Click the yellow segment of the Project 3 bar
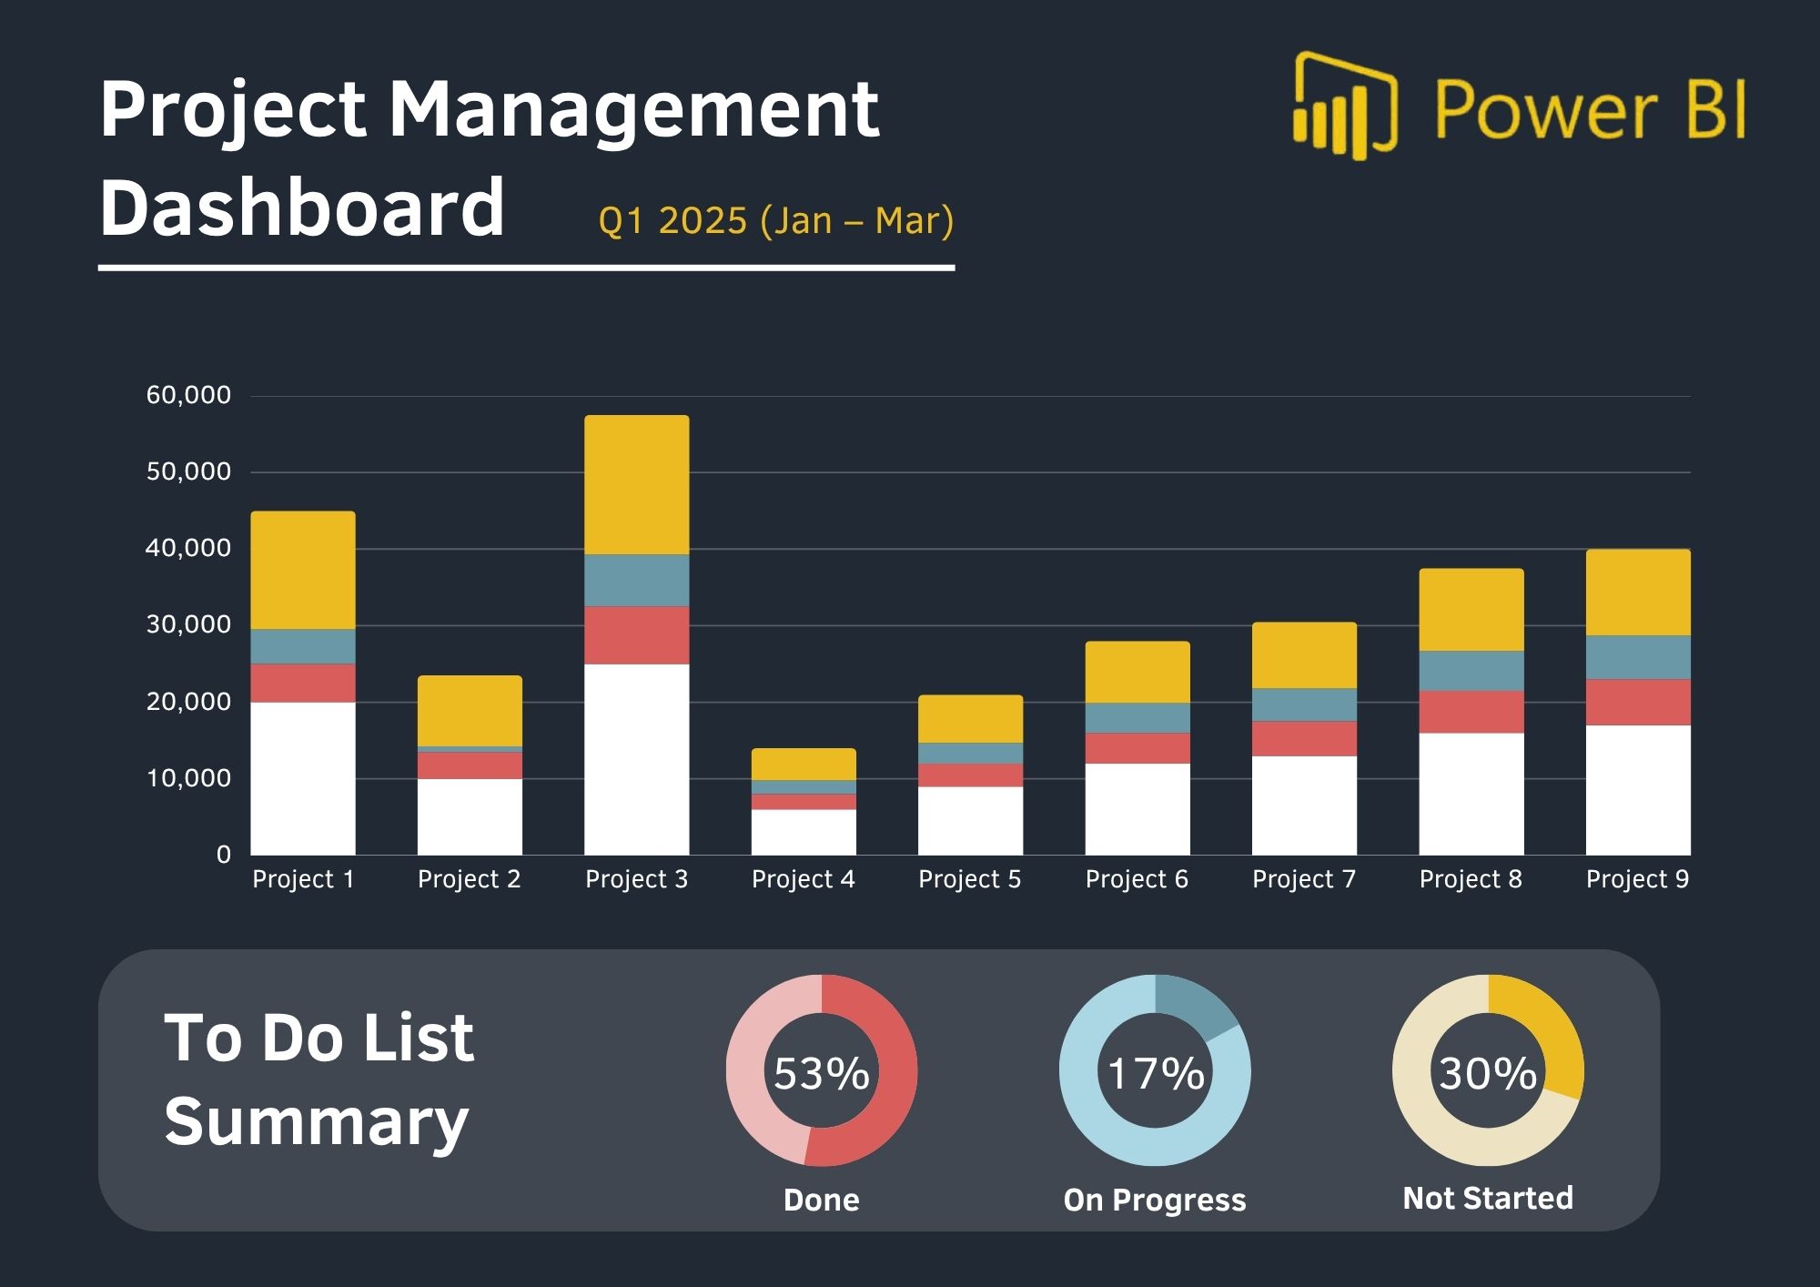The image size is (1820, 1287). [x=636, y=484]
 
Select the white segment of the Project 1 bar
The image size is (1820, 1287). [x=303, y=777]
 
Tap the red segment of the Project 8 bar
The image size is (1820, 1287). [x=1471, y=712]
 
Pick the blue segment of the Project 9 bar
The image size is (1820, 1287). [x=1638, y=657]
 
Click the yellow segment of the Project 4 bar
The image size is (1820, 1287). [x=804, y=765]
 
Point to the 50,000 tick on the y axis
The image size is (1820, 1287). [x=189, y=471]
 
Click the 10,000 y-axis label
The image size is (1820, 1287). [x=189, y=778]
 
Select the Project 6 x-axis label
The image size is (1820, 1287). [x=1137, y=879]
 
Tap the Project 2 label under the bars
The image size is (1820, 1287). [x=469, y=879]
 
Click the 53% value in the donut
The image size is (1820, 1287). [x=821, y=1073]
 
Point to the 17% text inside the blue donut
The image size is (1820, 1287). [x=1155, y=1073]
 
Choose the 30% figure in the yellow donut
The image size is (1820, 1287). [x=1488, y=1073]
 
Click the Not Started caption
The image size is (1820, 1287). [x=1488, y=1198]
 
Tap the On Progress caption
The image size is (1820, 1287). [x=1155, y=1200]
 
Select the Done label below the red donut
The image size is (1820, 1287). [x=821, y=1200]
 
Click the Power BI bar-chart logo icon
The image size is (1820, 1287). [x=1343, y=107]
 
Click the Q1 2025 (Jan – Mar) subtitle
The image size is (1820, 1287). [x=775, y=221]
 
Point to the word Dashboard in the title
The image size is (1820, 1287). [x=301, y=208]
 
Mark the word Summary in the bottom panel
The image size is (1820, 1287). [x=316, y=1122]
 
